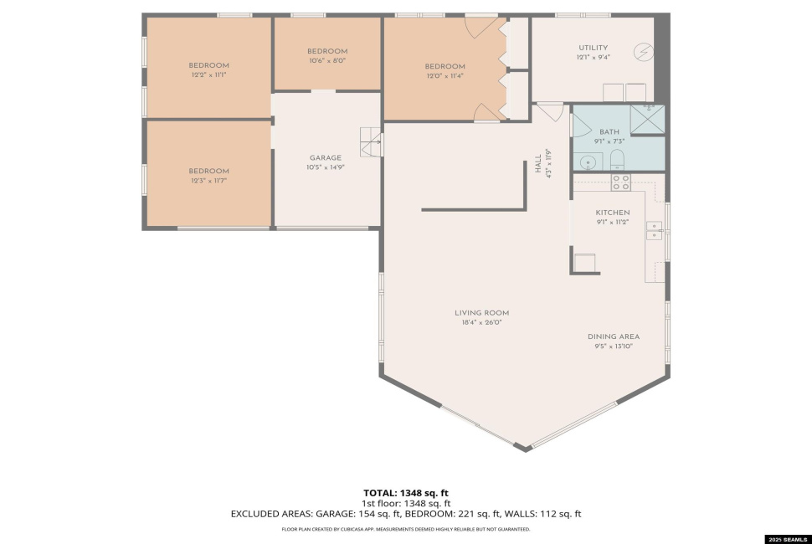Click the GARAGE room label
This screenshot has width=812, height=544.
325,157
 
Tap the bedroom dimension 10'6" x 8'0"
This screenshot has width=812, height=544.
326,60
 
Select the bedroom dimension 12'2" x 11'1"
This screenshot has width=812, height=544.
208,74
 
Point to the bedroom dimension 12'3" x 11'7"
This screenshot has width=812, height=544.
208,180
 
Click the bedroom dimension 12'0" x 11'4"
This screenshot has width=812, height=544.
445,75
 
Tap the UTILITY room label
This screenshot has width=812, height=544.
593,48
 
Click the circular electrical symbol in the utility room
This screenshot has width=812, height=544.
643,51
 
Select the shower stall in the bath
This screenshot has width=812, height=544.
647,119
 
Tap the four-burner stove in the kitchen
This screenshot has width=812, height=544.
620,182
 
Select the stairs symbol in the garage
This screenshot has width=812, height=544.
370,142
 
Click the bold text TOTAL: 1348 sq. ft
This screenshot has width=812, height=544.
405,492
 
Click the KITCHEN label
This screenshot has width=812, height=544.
612,213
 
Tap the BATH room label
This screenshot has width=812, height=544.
609,132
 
